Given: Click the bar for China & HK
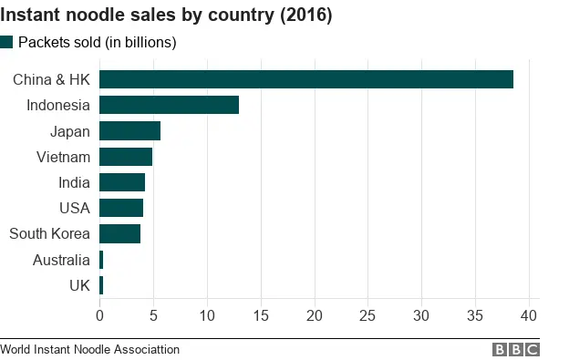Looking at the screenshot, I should point(305,79).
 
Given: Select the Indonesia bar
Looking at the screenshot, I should point(169,105).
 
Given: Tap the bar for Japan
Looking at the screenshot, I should point(129,131).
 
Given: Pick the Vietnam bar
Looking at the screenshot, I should point(126,157).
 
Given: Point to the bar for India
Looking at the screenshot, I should point(122,182).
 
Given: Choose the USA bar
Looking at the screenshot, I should point(121,208).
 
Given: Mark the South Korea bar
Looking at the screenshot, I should point(119,234).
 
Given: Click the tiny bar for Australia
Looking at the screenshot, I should point(101,260).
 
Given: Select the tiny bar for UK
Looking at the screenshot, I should point(101,285).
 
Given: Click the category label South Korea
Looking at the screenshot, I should point(49,234).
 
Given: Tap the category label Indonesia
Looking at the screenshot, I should point(58,105).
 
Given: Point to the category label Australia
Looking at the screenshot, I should point(61,260).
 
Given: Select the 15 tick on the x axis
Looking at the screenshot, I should point(261,316).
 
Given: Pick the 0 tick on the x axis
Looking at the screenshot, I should point(99,316).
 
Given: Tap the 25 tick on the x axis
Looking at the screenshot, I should point(367,316).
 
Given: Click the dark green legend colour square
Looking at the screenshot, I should point(7,42).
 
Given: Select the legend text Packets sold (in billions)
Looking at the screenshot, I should point(98,42).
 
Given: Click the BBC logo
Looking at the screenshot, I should point(516,350).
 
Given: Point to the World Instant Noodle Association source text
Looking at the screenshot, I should point(90,350).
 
